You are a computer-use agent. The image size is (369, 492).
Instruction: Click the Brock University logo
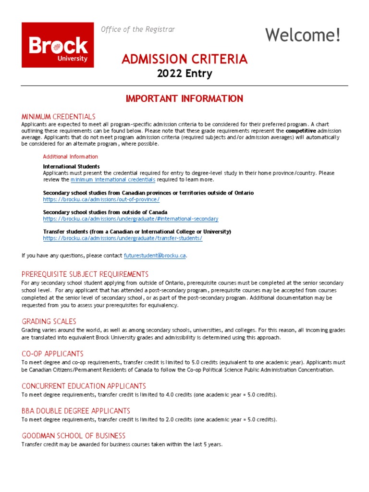click(58, 45)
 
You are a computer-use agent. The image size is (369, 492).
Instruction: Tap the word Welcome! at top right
click(303, 35)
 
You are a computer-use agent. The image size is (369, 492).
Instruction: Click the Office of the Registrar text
click(138, 29)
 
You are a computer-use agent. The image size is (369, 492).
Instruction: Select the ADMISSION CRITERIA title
click(184, 59)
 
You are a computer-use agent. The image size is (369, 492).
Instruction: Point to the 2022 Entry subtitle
click(184, 74)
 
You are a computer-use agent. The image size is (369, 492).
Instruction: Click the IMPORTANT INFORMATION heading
click(184, 98)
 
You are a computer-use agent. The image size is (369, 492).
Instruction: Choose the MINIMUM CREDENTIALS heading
click(58, 117)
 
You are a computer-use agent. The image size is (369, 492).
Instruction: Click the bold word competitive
click(301, 131)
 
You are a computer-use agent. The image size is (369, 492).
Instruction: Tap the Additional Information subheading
click(70, 157)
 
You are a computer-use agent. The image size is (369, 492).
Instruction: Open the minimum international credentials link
click(113, 180)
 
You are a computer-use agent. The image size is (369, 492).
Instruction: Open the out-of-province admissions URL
click(101, 199)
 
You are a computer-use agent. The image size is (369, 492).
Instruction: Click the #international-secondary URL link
click(130, 219)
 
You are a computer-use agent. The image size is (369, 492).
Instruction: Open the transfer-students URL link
click(123, 238)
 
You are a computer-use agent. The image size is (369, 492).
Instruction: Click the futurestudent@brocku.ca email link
click(155, 256)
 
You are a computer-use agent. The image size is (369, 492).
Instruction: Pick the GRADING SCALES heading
click(49, 321)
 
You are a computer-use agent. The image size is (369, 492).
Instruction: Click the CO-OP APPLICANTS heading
click(52, 354)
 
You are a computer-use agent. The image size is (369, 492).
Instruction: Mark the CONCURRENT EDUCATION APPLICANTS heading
click(84, 386)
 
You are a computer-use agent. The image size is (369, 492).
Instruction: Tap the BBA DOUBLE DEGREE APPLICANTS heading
click(75, 411)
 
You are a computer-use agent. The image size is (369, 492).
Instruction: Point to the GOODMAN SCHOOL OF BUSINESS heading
click(73, 436)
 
